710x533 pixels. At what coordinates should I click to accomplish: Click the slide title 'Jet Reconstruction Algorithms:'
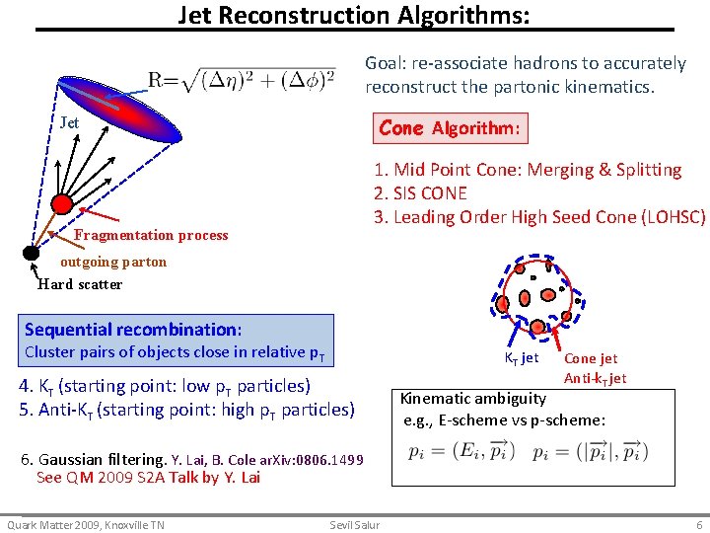click(x=353, y=16)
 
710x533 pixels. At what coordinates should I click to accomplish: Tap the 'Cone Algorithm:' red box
click(x=451, y=128)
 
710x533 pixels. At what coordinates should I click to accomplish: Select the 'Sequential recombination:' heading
click(x=133, y=330)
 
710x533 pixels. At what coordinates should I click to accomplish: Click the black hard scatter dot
click(x=31, y=253)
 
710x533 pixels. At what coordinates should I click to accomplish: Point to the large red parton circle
click(x=62, y=204)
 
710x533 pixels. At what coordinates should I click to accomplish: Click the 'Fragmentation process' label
click(x=151, y=235)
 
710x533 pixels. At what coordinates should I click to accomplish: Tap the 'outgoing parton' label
click(x=113, y=262)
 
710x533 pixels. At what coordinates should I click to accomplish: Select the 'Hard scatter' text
click(x=80, y=284)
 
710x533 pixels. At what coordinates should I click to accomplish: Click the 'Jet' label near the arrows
click(x=69, y=123)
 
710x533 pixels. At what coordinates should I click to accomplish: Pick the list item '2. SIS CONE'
click(x=420, y=193)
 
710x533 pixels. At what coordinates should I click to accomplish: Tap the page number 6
click(x=699, y=525)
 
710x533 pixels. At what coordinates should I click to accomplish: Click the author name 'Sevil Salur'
click(x=355, y=525)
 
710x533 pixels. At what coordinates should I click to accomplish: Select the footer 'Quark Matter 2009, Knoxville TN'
click(x=86, y=525)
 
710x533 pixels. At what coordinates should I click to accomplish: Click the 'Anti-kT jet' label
click(x=595, y=378)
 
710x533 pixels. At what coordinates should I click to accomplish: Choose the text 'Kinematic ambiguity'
click(x=472, y=399)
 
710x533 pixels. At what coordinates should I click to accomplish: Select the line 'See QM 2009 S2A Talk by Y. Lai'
click(x=148, y=478)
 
